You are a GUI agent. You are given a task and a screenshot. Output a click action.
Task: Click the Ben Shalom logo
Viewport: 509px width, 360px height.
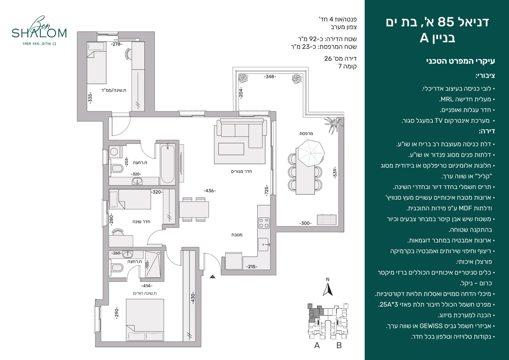[39, 30]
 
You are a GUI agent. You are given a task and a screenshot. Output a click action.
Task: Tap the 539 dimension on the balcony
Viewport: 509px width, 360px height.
[334, 173]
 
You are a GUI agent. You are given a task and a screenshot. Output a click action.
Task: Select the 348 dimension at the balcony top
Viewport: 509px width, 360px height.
[270, 77]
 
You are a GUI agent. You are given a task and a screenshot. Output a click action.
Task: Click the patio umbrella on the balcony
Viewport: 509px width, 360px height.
[311, 153]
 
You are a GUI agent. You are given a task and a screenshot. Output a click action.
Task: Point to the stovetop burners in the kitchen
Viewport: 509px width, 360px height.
[264, 223]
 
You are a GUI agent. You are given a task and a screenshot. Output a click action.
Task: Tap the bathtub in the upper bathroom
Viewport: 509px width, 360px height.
[168, 164]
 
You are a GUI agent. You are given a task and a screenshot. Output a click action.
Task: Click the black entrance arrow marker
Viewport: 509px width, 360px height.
[212, 276]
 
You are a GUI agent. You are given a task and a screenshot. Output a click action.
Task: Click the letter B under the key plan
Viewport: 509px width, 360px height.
[339, 345]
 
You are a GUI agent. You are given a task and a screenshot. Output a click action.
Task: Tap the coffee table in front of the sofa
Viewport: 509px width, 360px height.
[231, 149]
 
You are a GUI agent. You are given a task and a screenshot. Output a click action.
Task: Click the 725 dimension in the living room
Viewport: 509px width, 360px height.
[267, 190]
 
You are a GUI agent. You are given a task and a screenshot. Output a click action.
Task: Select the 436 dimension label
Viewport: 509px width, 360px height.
[210, 191]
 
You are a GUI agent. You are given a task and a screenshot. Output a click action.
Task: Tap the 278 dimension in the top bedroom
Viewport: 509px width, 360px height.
[117, 44]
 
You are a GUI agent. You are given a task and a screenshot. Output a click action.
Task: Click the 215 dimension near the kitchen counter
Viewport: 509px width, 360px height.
[252, 267]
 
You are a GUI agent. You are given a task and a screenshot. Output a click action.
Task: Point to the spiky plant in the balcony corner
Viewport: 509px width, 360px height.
[333, 124]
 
